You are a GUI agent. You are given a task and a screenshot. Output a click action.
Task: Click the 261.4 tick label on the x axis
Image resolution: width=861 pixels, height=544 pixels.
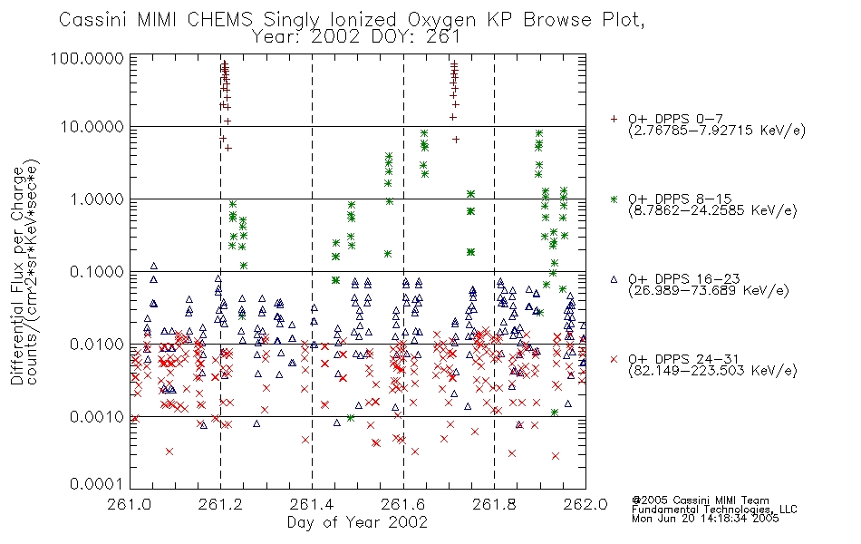point(312,504)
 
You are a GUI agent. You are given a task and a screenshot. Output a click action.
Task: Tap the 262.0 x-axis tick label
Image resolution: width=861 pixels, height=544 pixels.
point(585,504)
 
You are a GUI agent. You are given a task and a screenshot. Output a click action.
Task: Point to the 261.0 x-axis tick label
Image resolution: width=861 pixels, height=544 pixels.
point(130,504)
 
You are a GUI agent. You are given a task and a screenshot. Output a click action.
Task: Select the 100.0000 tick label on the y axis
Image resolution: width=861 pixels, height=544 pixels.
point(87,58)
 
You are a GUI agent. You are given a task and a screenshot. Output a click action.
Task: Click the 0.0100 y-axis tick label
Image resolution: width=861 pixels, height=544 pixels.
point(97,345)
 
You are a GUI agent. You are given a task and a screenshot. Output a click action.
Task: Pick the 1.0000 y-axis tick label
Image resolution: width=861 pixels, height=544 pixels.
point(97,199)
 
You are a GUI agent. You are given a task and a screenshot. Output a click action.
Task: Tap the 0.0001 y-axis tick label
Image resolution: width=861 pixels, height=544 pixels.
point(97,484)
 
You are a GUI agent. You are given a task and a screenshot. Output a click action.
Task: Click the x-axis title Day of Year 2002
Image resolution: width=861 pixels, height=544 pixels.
point(357,522)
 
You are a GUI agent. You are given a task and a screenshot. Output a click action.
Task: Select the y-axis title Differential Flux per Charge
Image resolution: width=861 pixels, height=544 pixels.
point(18,276)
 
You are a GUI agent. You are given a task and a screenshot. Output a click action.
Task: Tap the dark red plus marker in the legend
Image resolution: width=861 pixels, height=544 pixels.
point(614,119)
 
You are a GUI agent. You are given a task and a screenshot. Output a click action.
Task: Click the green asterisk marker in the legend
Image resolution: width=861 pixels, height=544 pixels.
point(614,199)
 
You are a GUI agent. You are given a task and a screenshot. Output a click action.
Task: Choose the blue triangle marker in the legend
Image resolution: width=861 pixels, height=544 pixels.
point(614,279)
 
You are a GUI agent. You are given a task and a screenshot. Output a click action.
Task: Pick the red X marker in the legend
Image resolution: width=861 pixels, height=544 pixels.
point(614,359)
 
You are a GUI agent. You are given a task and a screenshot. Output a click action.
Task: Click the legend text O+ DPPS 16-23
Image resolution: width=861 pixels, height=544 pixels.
point(684,279)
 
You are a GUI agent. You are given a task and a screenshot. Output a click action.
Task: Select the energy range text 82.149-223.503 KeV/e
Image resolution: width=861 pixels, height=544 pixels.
point(712,371)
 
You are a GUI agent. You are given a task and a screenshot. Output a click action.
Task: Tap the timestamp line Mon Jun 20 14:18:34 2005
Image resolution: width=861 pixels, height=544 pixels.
point(705,519)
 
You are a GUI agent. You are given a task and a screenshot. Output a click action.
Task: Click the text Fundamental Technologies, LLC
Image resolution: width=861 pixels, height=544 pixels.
point(714,510)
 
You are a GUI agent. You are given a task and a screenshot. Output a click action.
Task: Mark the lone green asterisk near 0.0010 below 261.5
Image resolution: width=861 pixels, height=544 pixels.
point(351,418)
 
